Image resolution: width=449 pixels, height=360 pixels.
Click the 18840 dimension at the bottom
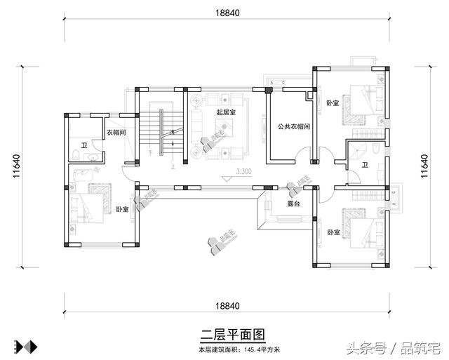click(x=227, y=306)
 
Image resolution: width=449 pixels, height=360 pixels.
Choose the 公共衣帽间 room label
click(x=289, y=126)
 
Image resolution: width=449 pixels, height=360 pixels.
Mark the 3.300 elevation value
click(x=244, y=171)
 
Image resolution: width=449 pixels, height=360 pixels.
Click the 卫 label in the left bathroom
click(x=83, y=145)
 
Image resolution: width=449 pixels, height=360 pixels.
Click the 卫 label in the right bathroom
click(x=364, y=166)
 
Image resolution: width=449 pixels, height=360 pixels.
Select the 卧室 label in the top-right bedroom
click(x=333, y=103)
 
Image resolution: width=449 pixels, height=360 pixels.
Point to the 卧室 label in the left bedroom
click(x=122, y=209)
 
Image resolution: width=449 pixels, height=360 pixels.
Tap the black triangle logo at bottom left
click(x=25, y=346)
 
